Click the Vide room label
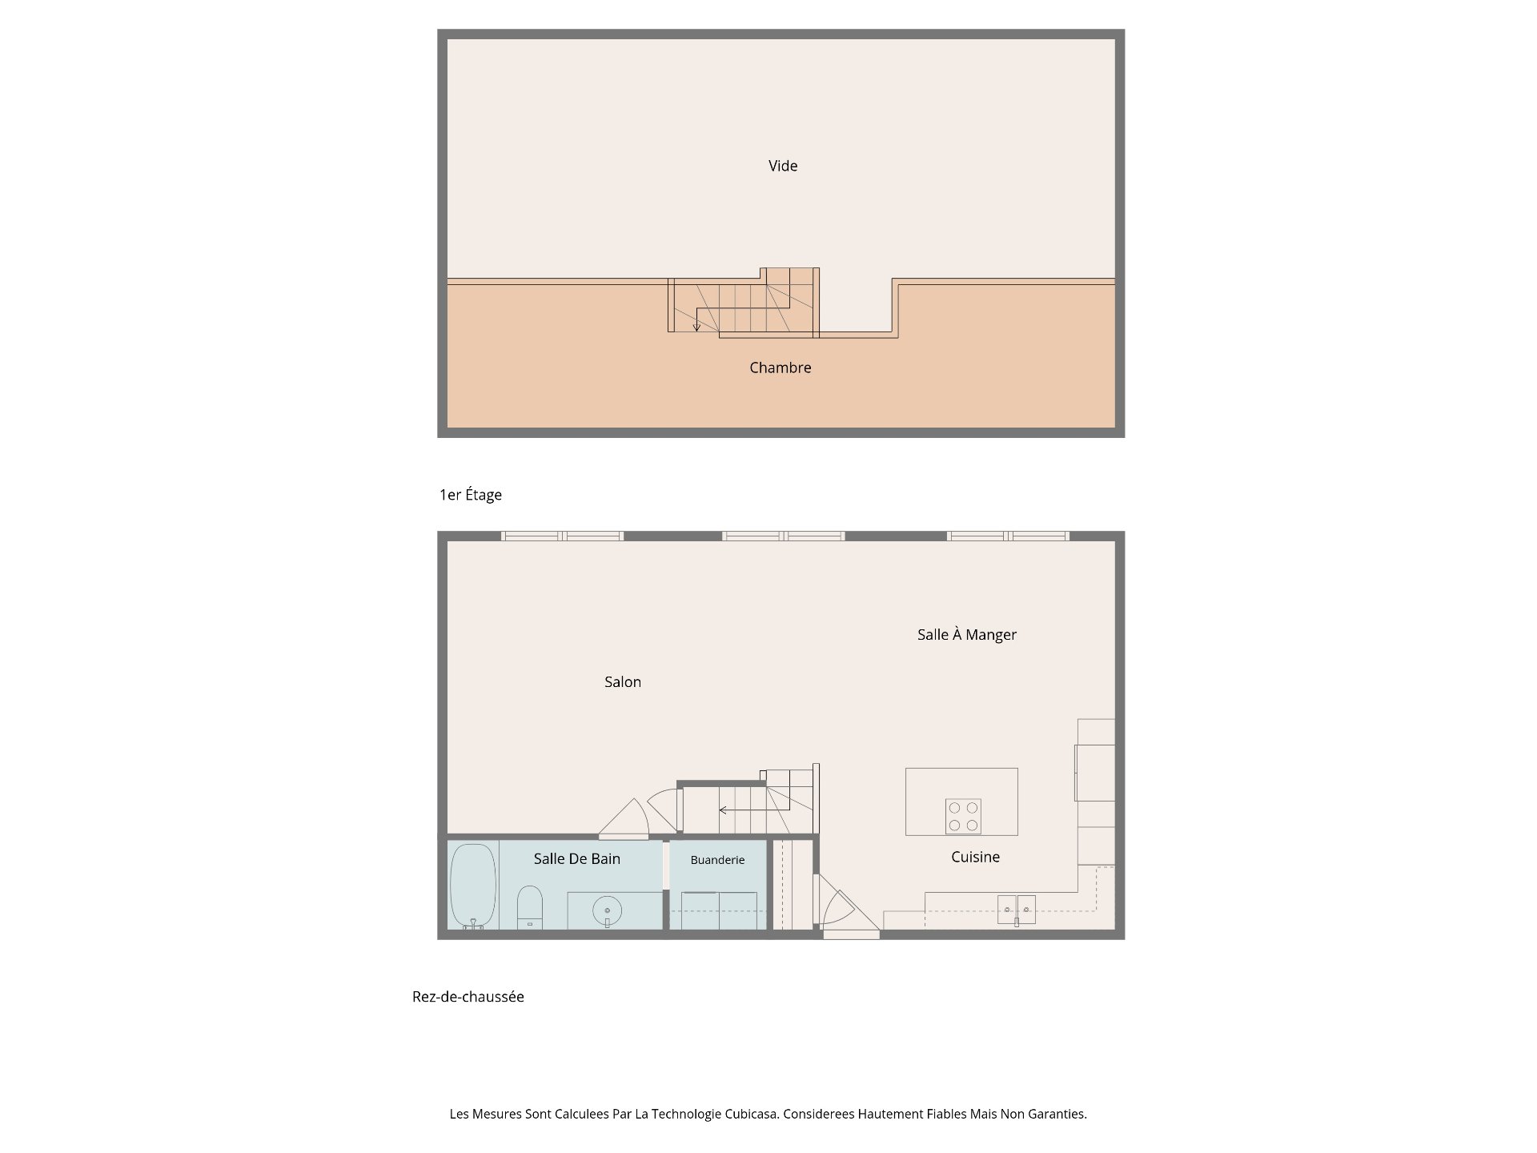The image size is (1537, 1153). pyautogui.click(x=783, y=166)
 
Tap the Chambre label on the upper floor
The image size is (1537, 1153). pyautogui.click(x=781, y=368)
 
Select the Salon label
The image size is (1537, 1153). pyautogui.click(x=623, y=682)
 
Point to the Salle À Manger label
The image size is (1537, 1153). pyautogui.click(x=967, y=635)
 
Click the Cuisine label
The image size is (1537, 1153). pyautogui.click(x=975, y=857)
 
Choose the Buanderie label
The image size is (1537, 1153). pyautogui.click(x=717, y=860)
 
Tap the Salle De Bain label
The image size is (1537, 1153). pyautogui.click(x=577, y=858)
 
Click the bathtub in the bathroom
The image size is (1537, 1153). pyautogui.click(x=473, y=886)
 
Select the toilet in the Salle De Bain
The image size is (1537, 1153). pyautogui.click(x=529, y=907)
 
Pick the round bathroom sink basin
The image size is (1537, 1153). pyautogui.click(x=607, y=910)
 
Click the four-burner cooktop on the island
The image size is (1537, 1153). pyautogui.click(x=963, y=817)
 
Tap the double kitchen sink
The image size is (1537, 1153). pyautogui.click(x=1017, y=910)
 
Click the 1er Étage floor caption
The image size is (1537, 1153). pyautogui.click(x=471, y=495)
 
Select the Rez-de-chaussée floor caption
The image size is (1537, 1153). pyautogui.click(x=468, y=997)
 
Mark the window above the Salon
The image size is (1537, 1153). pyautogui.click(x=563, y=536)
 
